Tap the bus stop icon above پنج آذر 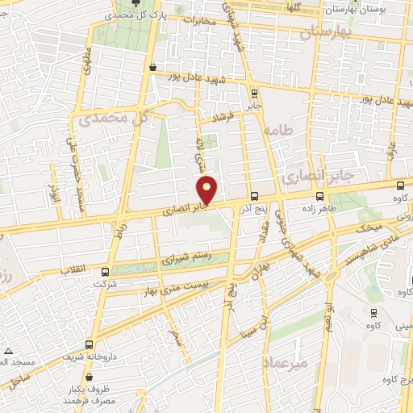[254, 195]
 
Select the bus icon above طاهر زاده [320, 195]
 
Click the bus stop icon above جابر [254, 93]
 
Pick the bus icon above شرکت [106, 272]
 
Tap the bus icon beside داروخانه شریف [91, 343]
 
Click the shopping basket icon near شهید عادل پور [152, 69]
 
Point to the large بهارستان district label [327, 33]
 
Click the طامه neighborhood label [280, 129]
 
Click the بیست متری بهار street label [183, 284]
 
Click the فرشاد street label [221, 118]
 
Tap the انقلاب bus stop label [75, 272]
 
